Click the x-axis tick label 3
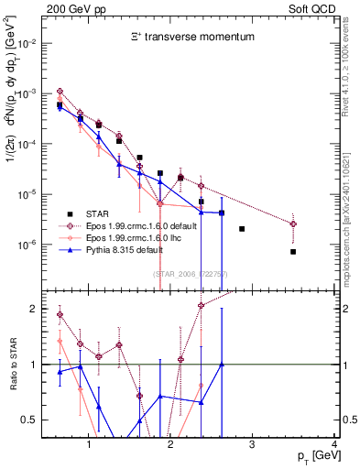coord(253,445)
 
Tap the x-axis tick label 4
coord(334,445)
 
